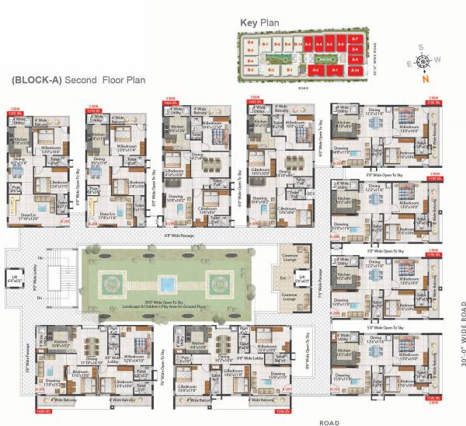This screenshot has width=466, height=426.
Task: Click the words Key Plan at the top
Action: (267, 24)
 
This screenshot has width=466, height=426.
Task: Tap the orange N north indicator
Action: (423, 78)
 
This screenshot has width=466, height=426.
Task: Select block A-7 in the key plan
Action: (355, 39)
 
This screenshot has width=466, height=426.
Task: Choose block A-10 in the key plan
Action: (355, 70)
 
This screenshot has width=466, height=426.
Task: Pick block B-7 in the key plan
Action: (265, 44)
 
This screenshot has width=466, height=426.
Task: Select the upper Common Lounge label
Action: (290, 257)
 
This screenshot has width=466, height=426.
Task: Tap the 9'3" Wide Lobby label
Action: (37, 277)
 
